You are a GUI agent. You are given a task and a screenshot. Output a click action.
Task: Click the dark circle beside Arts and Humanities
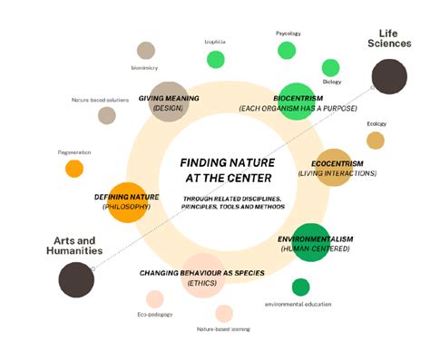[x=76, y=279]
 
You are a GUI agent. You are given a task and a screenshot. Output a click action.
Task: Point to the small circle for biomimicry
[x=145, y=50]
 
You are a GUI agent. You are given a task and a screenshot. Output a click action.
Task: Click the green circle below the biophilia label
[x=215, y=60]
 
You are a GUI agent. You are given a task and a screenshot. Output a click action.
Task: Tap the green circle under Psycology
[x=288, y=51]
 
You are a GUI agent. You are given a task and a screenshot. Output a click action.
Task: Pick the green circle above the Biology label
[x=331, y=67]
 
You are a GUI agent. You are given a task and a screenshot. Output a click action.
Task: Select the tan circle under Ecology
[x=376, y=140]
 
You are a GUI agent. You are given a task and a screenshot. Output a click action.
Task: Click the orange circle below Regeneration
[x=74, y=168]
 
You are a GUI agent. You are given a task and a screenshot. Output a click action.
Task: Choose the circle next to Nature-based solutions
[x=107, y=115]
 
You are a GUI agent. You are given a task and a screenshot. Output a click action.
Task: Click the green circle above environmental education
[x=300, y=287]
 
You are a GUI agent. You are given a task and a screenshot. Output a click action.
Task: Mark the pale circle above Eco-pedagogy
[x=155, y=299]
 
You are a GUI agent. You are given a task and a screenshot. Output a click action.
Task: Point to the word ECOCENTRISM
[x=337, y=163]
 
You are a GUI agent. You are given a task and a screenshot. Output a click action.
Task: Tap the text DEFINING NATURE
[x=127, y=196]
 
